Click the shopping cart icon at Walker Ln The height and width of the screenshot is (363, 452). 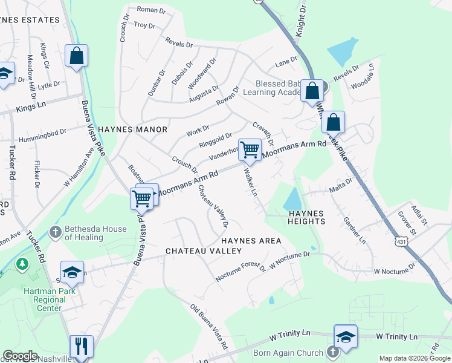(x=250, y=149)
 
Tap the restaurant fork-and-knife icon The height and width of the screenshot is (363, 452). (x=81, y=346)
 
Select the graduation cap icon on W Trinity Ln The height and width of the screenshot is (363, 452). (x=345, y=336)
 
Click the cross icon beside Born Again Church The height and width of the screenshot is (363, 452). (x=332, y=352)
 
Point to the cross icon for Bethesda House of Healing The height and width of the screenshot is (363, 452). (x=55, y=232)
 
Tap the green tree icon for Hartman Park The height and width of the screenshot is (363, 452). (x=22, y=264)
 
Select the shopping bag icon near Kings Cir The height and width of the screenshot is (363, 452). (x=77, y=56)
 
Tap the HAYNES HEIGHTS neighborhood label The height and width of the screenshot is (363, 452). (x=306, y=217)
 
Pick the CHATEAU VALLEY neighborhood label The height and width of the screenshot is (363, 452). (x=204, y=250)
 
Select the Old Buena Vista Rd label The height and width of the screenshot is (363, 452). (x=209, y=327)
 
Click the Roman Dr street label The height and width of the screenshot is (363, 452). (x=151, y=10)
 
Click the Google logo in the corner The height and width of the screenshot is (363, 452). (x=20, y=355)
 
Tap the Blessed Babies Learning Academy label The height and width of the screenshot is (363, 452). (x=272, y=88)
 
